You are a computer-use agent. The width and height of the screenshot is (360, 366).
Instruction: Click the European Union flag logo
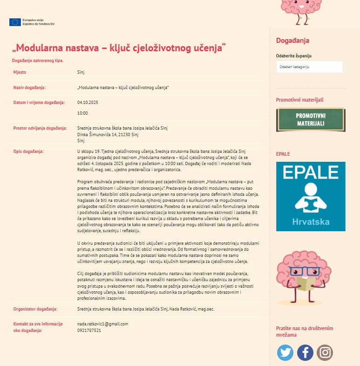pyautogui.click(x=15, y=22)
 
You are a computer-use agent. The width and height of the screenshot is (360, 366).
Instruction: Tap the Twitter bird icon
pyautogui.click(x=285, y=352)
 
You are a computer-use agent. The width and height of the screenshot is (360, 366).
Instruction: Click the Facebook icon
pyautogui.click(x=305, y=352)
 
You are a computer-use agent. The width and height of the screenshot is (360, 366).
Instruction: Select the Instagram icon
pyautogui.click(x=325, y=352)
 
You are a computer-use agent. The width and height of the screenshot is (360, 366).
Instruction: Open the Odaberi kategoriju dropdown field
pyautogui.click(x=309, y=67)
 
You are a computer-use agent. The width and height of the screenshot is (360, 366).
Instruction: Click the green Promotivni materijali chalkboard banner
pyautogui.click(x=311, y=120)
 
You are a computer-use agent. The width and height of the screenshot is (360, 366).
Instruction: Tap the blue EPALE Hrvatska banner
pyautogui.click(x=311, y=196)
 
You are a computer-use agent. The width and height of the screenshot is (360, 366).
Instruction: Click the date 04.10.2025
pyautogui.click(x=88, y=103)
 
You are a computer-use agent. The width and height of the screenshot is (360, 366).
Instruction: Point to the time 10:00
pyautogui.click(x=82, y=113)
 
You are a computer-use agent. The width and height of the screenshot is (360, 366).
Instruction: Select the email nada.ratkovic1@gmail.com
pyautogui.click(x=102, y=324)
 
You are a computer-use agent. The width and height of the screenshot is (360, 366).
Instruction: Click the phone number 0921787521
pyautogui.click(x=89, y=330)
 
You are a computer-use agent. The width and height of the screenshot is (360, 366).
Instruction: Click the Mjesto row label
pyautogui.click(x=20, y=73)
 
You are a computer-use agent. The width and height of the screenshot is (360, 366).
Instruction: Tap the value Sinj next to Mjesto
pyautogui.click(x=81, y=73)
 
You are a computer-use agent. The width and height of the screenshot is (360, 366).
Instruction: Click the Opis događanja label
pyautogui.click(x=28, y=152)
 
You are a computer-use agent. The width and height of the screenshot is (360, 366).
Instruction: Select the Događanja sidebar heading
pyautogui.click(x=292, y=41)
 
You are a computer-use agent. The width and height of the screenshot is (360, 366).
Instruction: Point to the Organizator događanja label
pyautogui.click(x=35, y=309)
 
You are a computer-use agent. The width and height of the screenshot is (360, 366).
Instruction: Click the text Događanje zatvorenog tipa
pyautogui.click(x=38, y=61)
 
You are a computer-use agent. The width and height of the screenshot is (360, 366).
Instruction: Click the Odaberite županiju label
pyautogui.click(x=294, y=55)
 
